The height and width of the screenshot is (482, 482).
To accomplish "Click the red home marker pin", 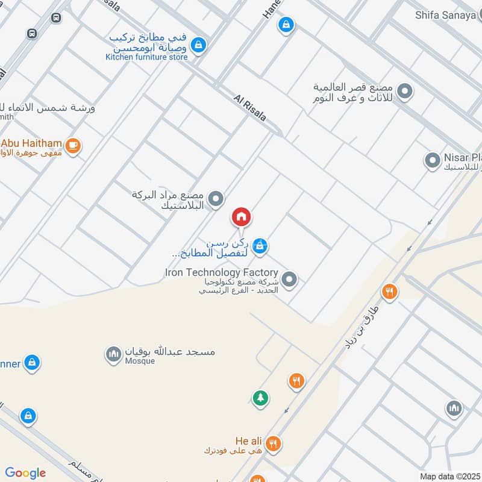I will click(242, 216).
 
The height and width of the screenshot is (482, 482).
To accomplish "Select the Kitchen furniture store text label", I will click(146, 57).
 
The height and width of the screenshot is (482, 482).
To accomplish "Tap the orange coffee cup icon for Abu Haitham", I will click(73, 145).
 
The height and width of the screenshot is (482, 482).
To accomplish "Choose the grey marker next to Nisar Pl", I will click(432, 160).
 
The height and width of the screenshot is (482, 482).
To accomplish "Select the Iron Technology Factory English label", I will click(221, 272).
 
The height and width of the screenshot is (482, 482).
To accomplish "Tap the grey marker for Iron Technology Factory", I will click(290, 279).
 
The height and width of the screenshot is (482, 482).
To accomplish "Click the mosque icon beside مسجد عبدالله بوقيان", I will click(113, 354).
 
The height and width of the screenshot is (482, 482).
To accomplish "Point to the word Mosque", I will click(140, 361).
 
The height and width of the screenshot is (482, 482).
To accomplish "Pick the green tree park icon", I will click(260, 398).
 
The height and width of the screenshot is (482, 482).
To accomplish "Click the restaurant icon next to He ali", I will click(274, 443).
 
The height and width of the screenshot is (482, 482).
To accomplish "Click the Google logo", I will click(25, 473).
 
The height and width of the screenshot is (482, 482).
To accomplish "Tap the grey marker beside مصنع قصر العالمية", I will click(405, 92).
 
